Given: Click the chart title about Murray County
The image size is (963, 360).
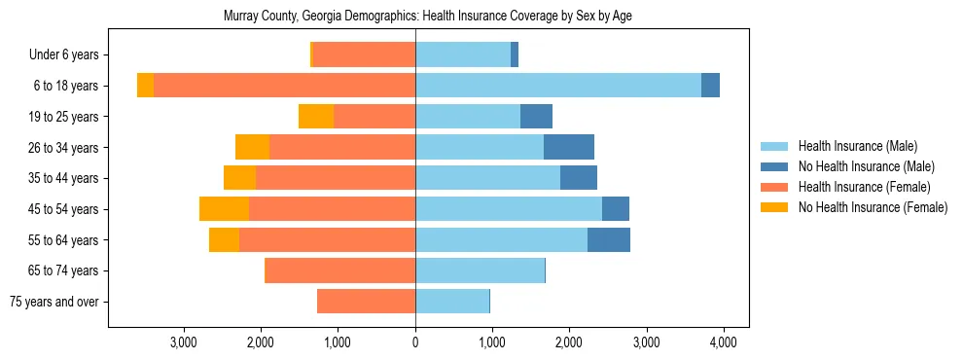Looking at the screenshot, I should (428, 17).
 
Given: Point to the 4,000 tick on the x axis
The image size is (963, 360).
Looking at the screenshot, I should (723, 342).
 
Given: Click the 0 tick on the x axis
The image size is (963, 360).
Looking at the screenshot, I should (415, 342).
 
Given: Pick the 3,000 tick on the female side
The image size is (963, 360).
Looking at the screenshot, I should (184, 342).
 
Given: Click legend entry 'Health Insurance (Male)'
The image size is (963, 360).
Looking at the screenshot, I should (857, 146).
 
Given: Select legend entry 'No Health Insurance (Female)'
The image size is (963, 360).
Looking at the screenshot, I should (873, 207).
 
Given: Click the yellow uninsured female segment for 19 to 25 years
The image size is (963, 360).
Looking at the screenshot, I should (316, 117).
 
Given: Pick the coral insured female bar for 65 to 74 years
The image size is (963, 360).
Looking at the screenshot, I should (339, 270).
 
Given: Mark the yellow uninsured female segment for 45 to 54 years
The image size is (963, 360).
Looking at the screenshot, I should (224, 209).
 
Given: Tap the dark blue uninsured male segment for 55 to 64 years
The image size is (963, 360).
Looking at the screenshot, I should (608, 239).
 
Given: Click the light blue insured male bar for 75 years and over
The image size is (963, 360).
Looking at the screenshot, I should (452, 302).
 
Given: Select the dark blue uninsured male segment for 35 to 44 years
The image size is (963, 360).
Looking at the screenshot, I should (578, 178).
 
